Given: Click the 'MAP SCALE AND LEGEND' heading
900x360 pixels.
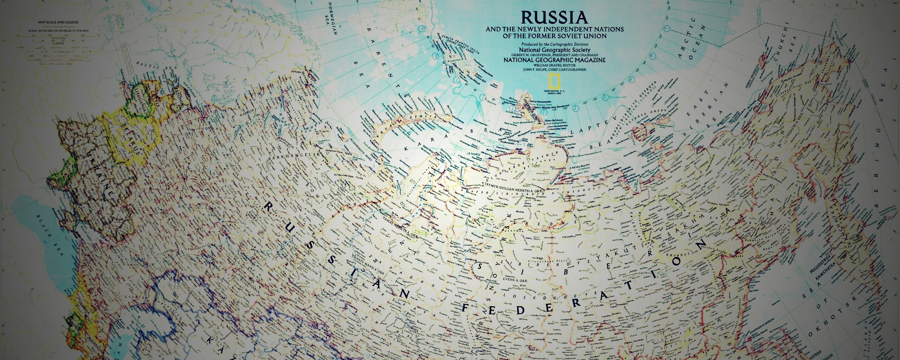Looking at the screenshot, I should [x=58, y=22].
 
